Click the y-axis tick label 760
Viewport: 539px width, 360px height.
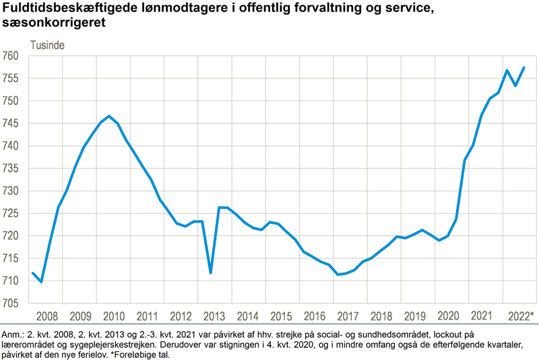pos(13,56)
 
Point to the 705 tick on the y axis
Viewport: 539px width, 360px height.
pos(13,303)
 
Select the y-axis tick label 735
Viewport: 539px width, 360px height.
pos(13,168)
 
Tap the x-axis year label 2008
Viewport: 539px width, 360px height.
pos(46,316)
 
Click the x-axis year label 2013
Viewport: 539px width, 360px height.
pos(214,316)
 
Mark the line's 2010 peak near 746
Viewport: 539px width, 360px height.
pos(109,116)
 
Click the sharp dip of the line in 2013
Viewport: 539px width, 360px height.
pos(211,273)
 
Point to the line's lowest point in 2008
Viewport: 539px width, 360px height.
pos(42,282)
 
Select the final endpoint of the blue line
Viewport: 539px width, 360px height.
pos(524,67)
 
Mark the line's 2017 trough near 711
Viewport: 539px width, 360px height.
pos(338,274)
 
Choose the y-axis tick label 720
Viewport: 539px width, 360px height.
pos(13,235)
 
